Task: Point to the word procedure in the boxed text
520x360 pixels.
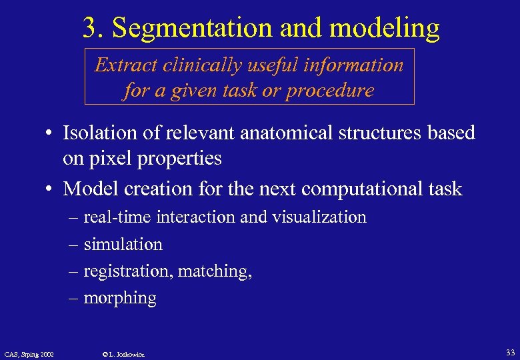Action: pos(330,90)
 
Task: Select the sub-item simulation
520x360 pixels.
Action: pos(123,245)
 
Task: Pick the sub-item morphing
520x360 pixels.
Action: pos(120,299)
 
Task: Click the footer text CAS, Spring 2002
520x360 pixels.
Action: pos(29,353)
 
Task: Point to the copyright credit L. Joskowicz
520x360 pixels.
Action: pos(121,354)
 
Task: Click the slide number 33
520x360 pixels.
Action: pos(510,353)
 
